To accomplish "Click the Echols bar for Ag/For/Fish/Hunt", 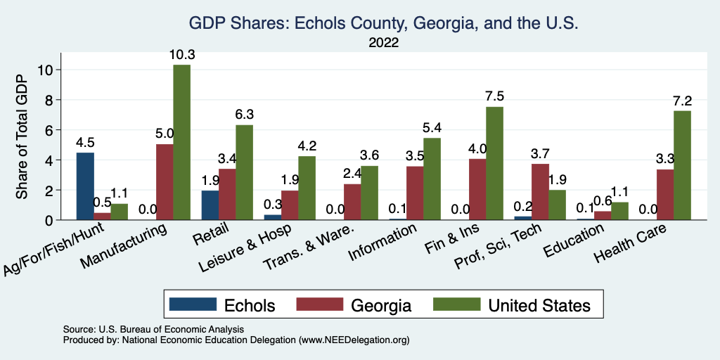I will [x=85, y=186].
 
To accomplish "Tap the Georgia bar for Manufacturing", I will [x=165, y=182].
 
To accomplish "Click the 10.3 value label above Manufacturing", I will [x=181, y=54].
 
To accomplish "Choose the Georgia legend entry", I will [x=359, y=305].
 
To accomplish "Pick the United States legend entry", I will [x=513, y=305].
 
